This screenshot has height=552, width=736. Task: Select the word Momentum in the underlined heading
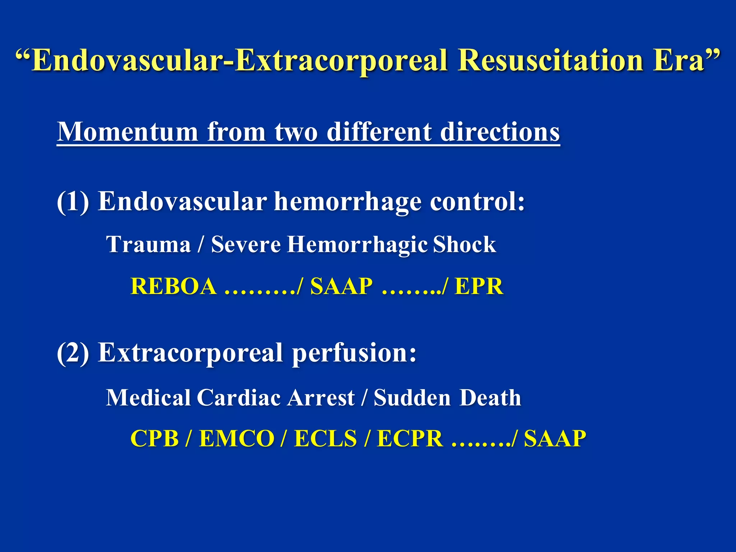click(x=128, y=132)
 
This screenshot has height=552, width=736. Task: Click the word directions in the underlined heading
click(x=500, y=132)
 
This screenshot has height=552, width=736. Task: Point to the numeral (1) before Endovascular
click(x=73, y=202)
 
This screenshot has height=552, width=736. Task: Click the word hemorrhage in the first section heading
click(x=348, y=202)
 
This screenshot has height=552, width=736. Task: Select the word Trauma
click(x=148, y=245)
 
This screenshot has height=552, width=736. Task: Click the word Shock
click(x=464, y=245)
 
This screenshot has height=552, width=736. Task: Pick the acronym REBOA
click(x=174, y=286)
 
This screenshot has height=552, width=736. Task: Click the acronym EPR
click(x=479, y=286)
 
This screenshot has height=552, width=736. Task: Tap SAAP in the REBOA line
click(x=341, y=286)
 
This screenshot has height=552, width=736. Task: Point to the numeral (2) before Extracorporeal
click(x=73, y=353)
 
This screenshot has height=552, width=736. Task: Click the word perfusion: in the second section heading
click(x=354, y=353)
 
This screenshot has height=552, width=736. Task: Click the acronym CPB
click(x=155, y=439)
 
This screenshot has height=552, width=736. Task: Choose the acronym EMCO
click(x=237, y=439)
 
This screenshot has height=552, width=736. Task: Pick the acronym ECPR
click(x=410, y=439)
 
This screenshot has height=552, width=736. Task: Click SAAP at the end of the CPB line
click(x=555, y=439)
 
